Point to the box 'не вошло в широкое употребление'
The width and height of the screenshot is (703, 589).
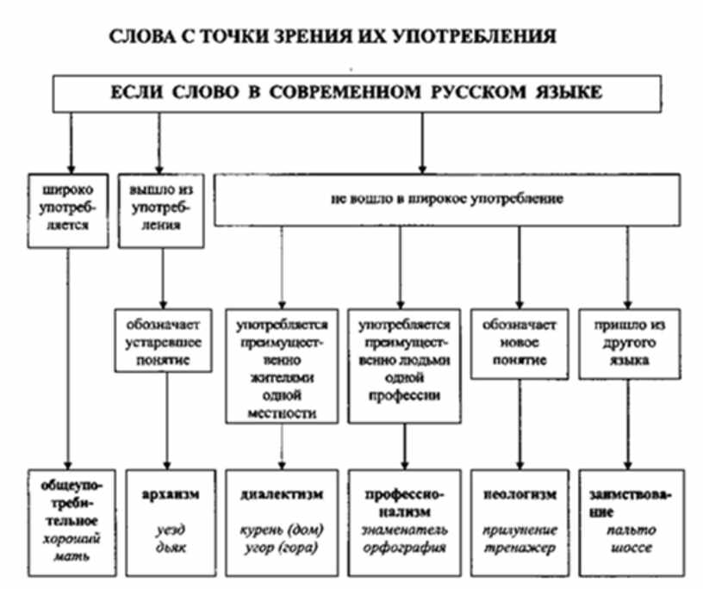(445, 201)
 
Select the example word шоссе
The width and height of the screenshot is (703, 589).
(625, 546)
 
